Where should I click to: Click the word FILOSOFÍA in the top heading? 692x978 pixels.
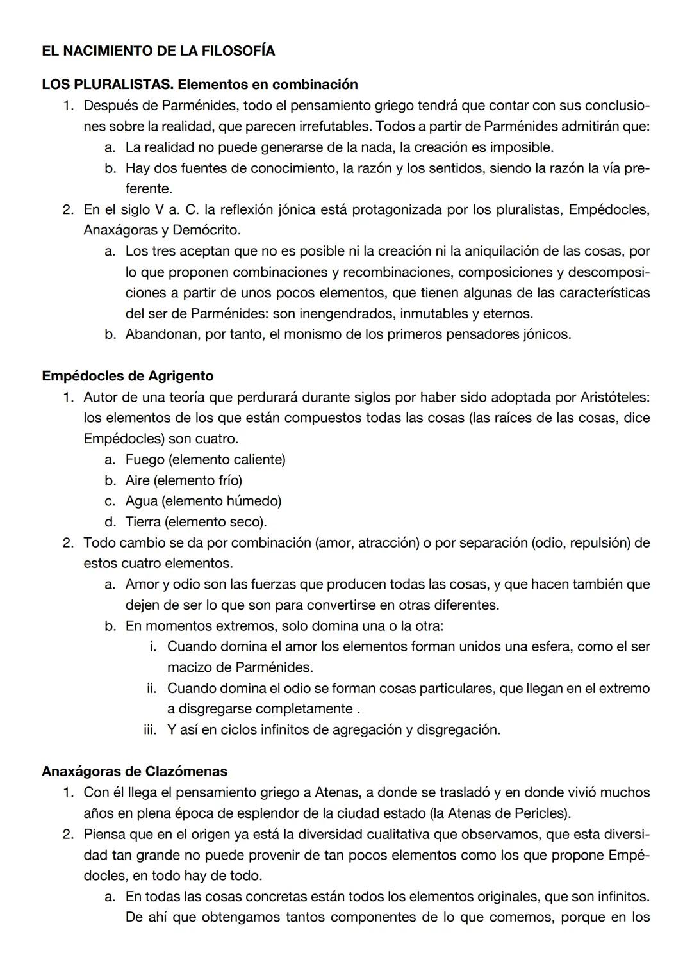238,51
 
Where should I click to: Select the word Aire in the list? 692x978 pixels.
137,480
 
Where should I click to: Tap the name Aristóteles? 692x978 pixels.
614,397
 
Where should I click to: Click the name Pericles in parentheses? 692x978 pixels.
541,813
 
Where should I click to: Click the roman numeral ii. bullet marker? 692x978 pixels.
152,689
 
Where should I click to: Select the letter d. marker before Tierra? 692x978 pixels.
110,522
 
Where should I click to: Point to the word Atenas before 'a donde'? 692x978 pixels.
337,793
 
